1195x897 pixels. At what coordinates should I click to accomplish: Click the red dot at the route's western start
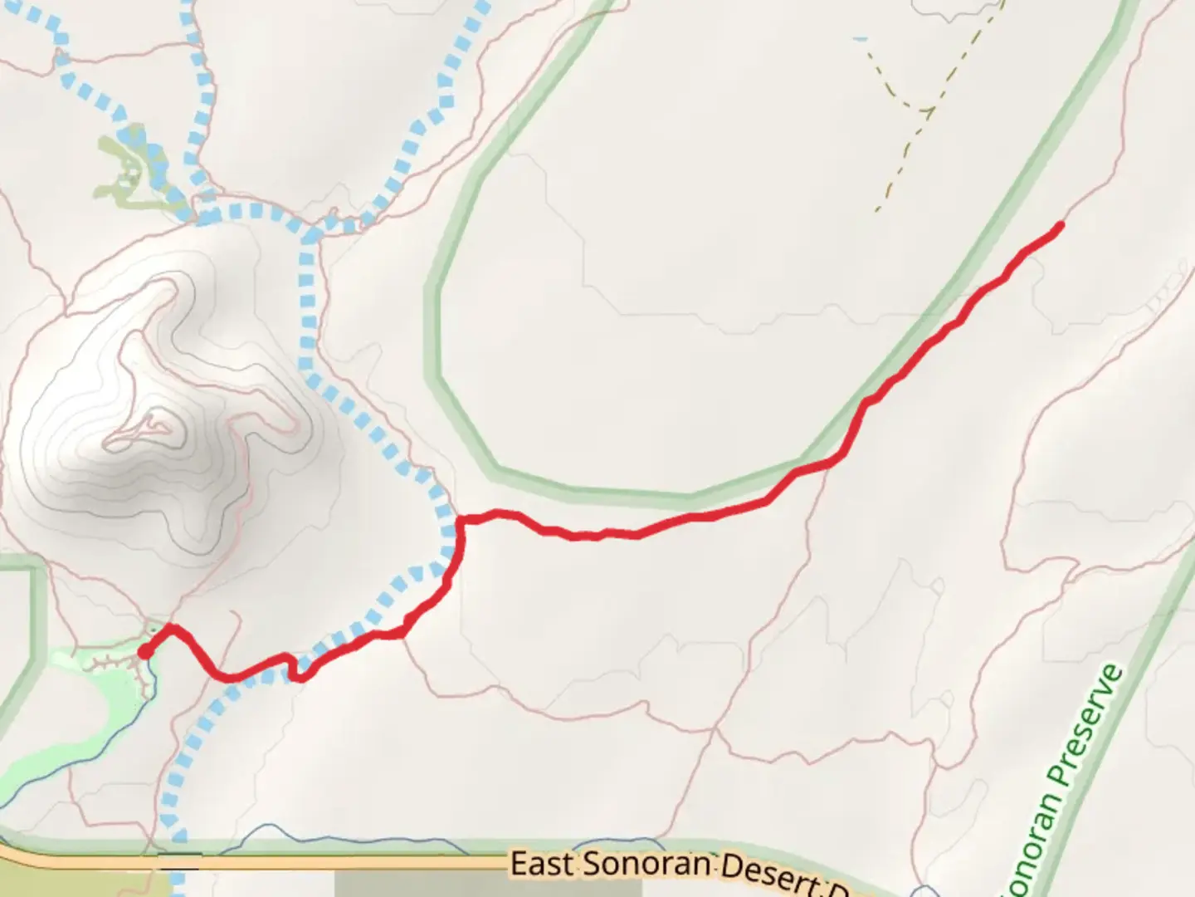pos(144,652)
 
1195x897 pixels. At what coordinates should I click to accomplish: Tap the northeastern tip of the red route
pos(1060,224)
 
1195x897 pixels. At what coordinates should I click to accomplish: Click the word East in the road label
pos(539,863)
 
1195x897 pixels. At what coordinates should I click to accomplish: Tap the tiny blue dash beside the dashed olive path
pos(861,38)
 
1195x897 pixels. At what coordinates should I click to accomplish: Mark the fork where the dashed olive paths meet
pos(923,109)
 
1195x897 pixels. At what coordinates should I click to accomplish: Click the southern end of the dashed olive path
pos(877,209)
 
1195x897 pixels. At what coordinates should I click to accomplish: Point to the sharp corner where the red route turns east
pos(460,521)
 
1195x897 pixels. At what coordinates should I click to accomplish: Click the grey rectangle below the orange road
pos(415,884)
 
